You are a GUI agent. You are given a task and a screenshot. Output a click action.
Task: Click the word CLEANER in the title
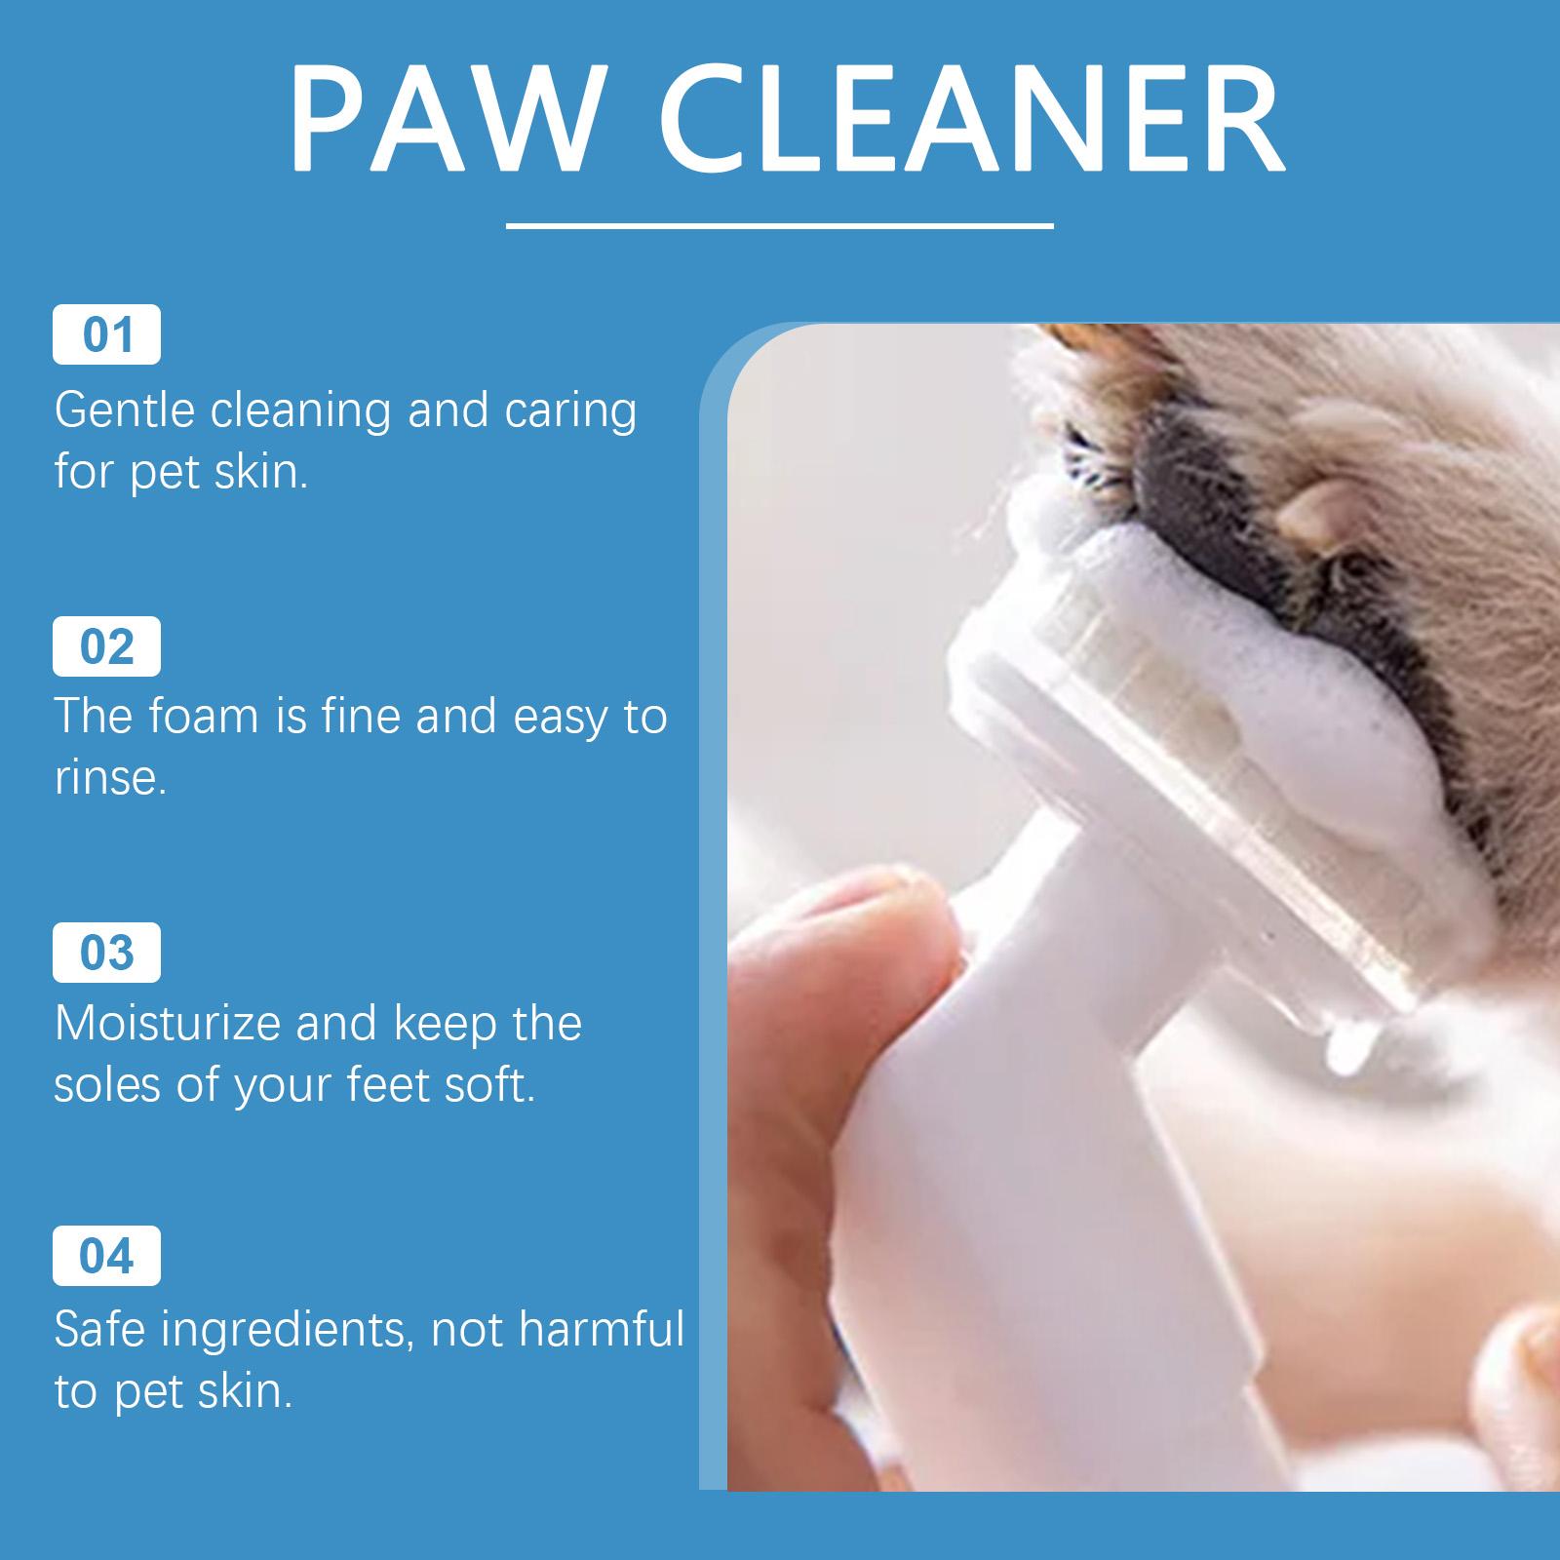click(x=975, y=119)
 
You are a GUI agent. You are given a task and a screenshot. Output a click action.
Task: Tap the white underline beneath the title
click(x=780, y=226)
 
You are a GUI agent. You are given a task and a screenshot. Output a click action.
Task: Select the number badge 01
click(x=106, y=334)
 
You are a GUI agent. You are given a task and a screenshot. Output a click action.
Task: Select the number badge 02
click(x=106, y=646)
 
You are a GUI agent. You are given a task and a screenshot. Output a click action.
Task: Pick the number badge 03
click(x=106, y=952)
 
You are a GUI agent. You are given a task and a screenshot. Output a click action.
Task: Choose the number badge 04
click(x=106, y=1256)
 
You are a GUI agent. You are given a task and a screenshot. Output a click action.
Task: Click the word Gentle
click(x=125, y=410)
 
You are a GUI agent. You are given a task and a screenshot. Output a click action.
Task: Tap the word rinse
click(x=107, y=778)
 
